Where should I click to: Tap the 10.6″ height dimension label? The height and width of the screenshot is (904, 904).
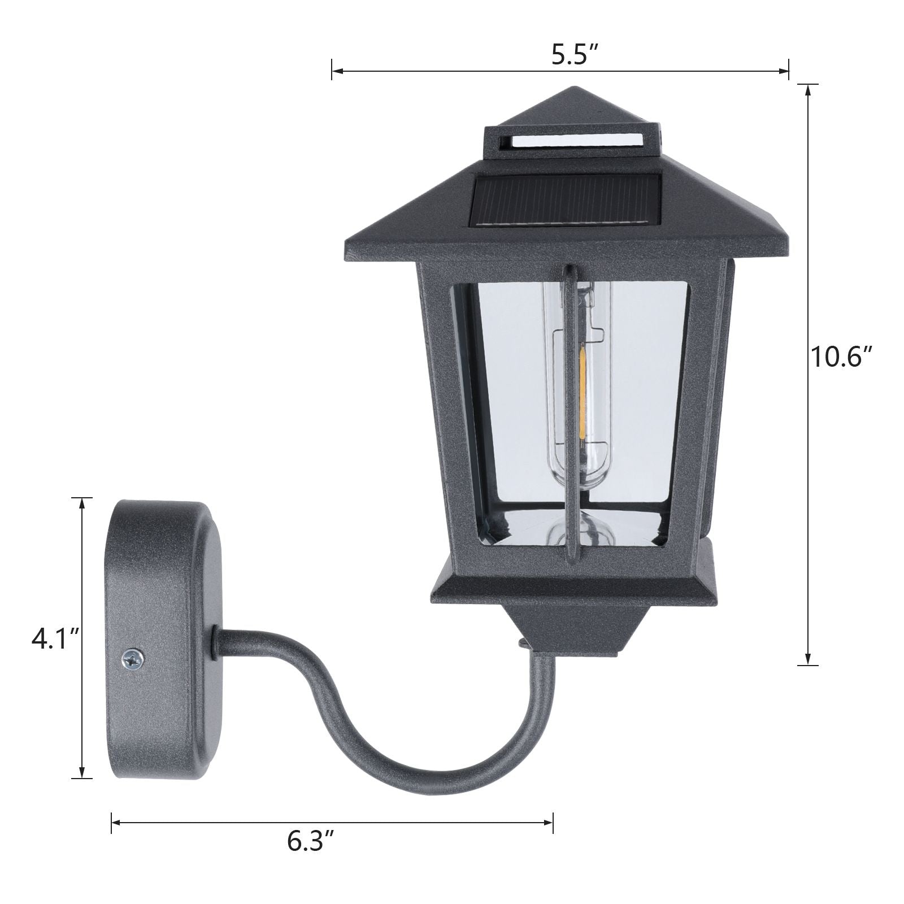842,357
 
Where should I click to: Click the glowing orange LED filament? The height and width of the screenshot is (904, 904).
581,373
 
